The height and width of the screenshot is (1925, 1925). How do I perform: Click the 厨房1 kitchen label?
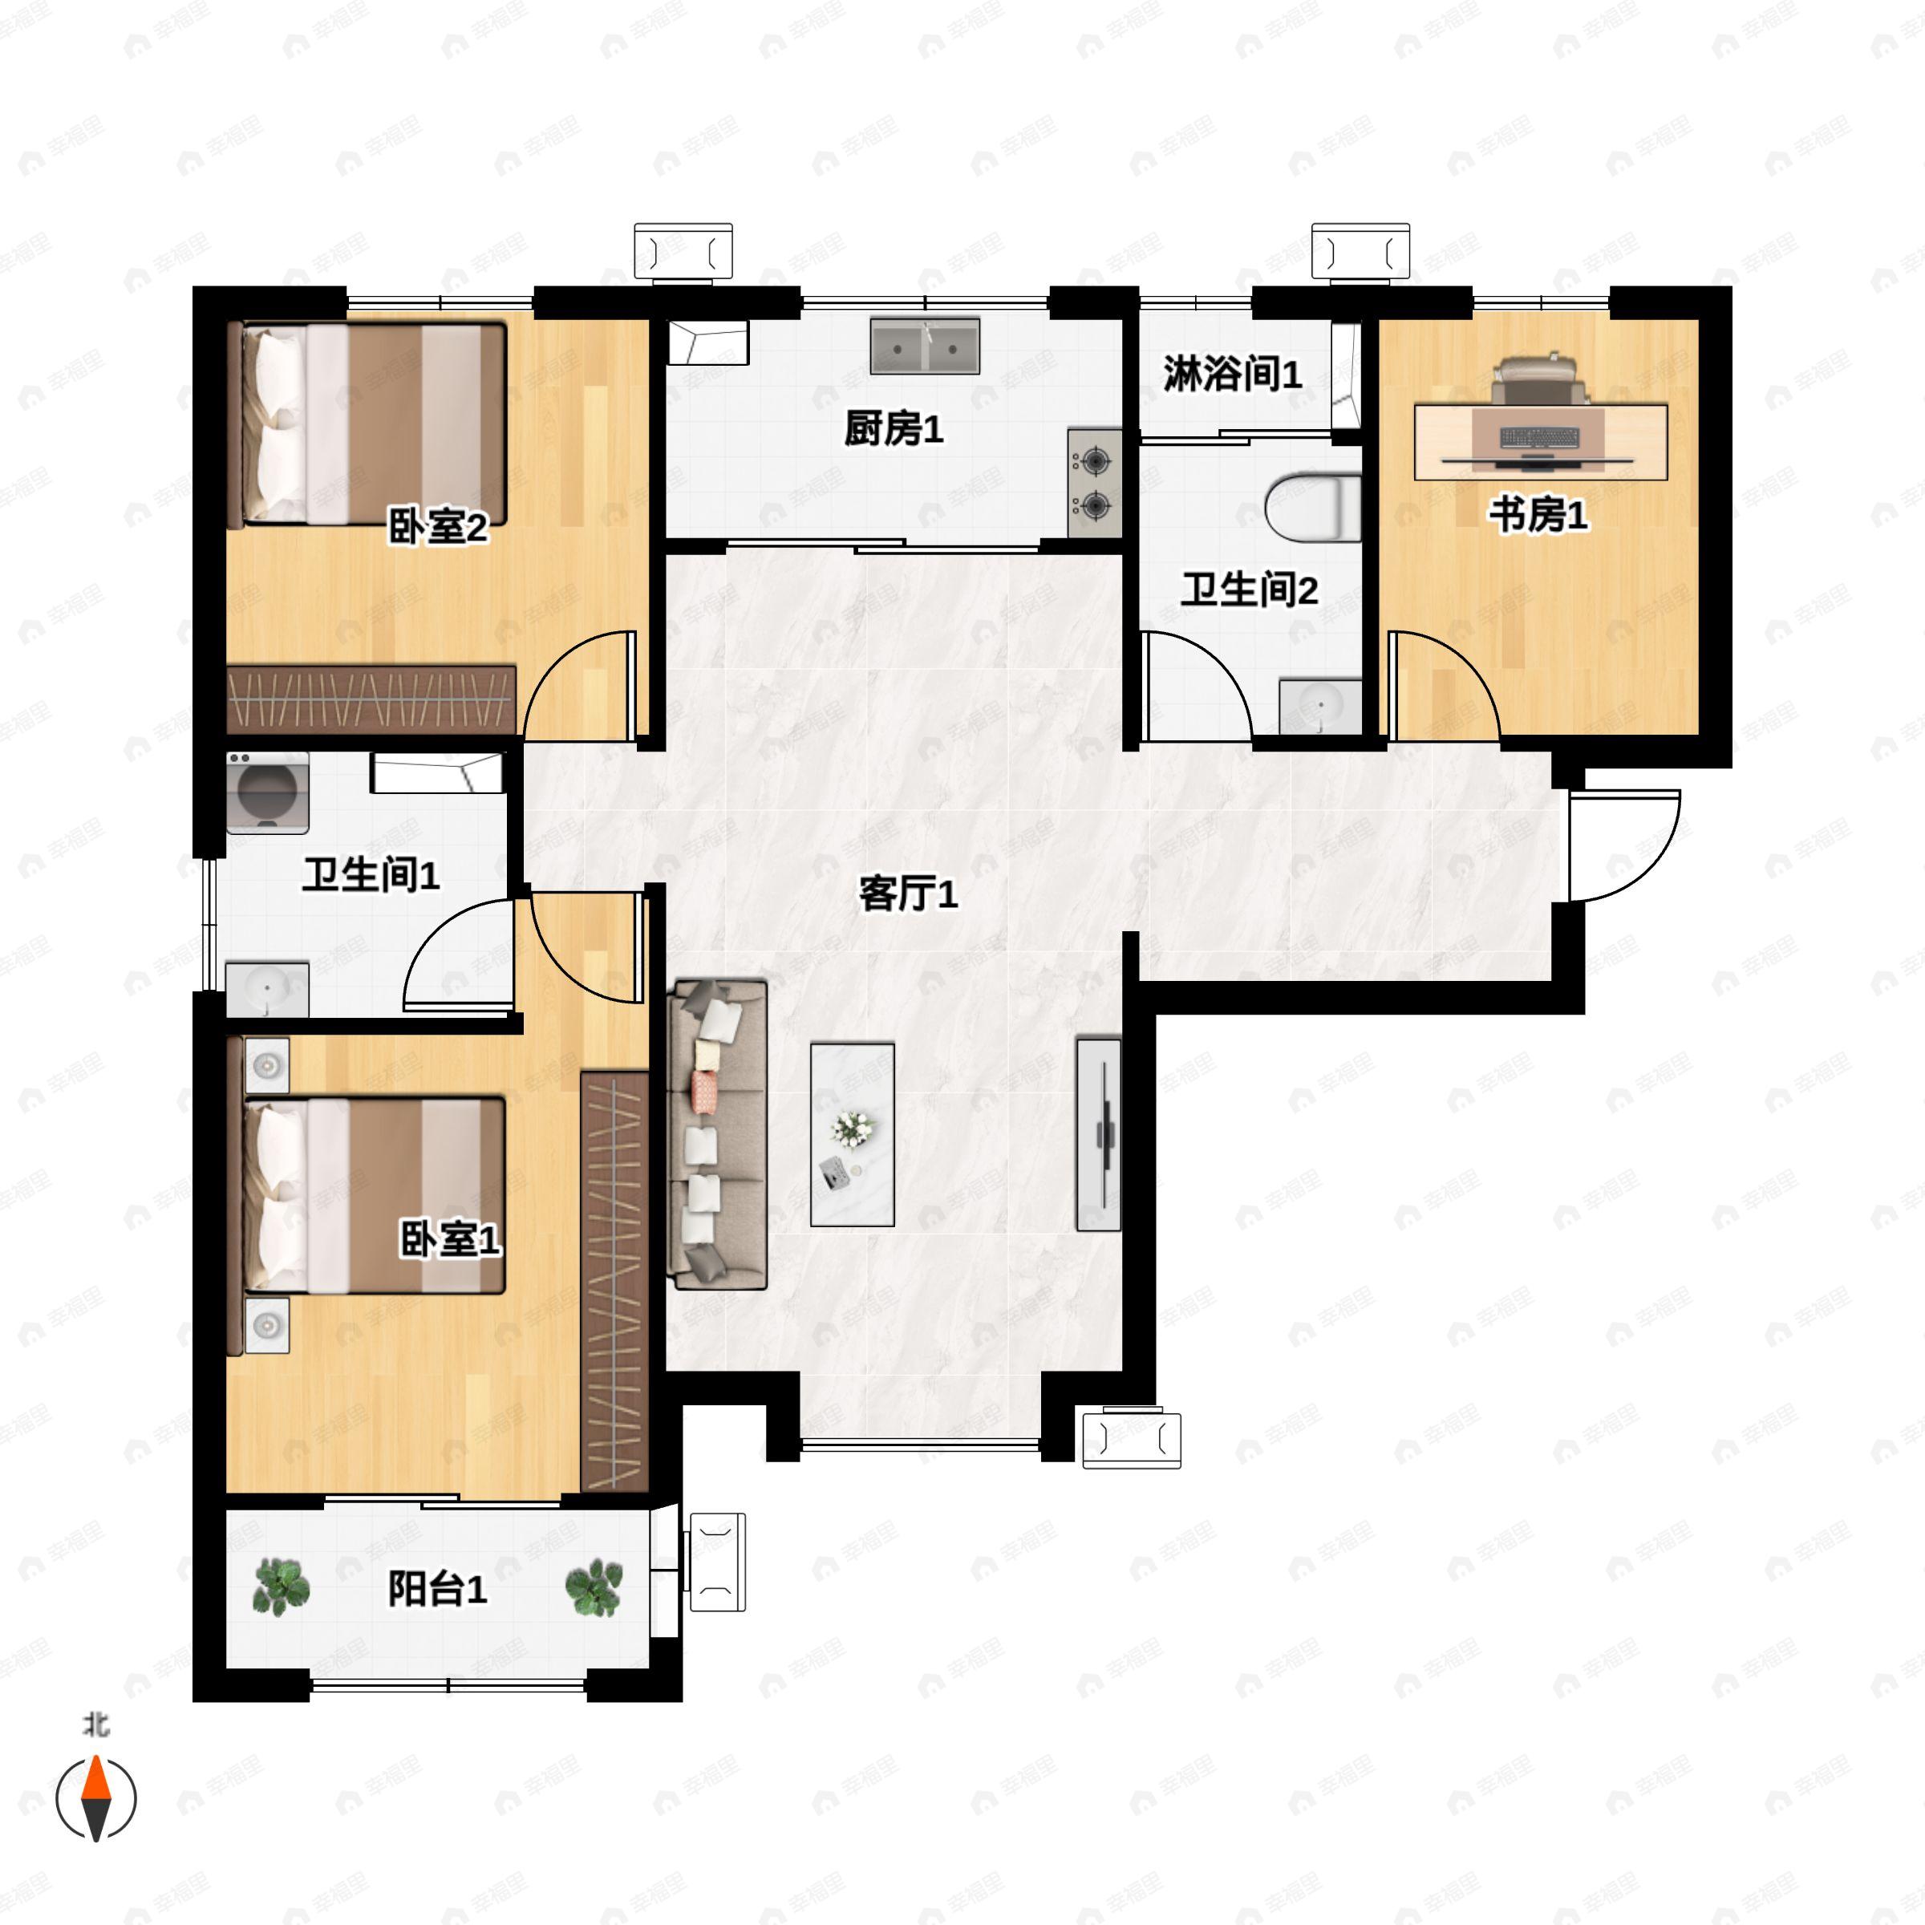point(893,429)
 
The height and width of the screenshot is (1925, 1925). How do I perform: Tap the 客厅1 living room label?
point(908,894)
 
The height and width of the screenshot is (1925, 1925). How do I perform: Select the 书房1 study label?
point(1538,515)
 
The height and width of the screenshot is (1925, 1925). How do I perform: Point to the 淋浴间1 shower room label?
point(1231,374)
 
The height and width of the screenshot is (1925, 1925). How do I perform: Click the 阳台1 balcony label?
point(437,1588)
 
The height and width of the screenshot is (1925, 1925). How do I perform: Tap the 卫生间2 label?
point(1250,590)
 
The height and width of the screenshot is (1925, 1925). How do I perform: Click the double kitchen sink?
point(925,346)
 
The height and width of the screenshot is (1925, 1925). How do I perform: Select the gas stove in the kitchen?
point(1095,483)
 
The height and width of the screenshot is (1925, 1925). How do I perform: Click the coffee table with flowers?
point(852,1134)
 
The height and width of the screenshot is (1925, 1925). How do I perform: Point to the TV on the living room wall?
point(1099,1134)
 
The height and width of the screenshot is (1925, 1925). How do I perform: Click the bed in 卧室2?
point(367,424)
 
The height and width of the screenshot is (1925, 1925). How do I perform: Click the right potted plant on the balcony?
point(595,1587)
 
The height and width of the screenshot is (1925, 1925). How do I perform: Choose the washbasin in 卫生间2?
point(1320,707)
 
